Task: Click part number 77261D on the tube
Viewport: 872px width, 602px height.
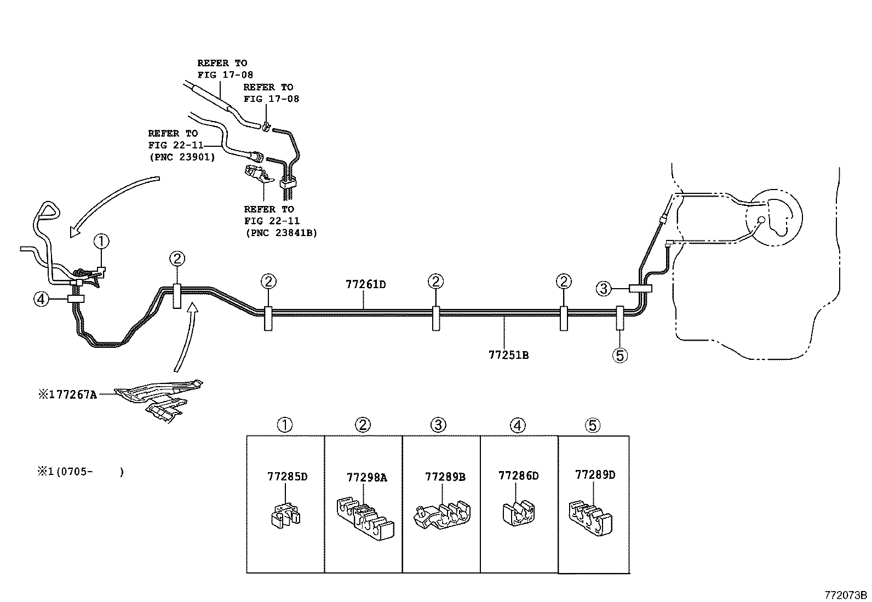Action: [x=365, y=284]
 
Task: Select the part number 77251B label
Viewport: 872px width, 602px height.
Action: [x=508, y=354]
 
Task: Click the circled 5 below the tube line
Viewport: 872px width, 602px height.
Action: [x=619, y=355]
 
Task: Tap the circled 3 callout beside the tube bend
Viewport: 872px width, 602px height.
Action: [x=603, y=288]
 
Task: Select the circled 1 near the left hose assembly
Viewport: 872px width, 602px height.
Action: [x=101, y=241]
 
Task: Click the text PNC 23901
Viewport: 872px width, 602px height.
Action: [x=181, y=157]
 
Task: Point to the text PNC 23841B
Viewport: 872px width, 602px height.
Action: [x=280, y=233]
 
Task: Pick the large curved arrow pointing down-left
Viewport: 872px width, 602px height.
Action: [x=110, y=203]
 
